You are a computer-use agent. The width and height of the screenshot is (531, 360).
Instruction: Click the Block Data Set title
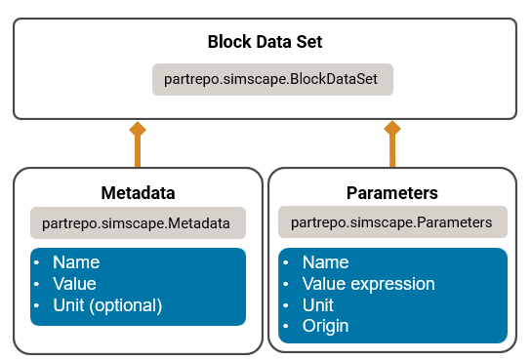pos(265,43)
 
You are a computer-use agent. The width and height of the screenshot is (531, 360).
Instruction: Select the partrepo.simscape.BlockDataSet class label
pos(272,79)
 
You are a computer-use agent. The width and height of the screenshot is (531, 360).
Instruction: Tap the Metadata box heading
pos(138,192)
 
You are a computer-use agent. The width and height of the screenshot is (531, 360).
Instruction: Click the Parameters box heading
pos(391,192)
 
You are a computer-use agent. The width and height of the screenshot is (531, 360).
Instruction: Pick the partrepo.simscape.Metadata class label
pos(138,222)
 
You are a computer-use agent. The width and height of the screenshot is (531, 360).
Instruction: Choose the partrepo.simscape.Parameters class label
pos(391,222)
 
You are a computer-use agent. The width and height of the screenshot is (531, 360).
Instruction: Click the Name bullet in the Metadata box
pos(75,262)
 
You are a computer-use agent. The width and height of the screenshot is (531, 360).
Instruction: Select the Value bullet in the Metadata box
pos(74,284)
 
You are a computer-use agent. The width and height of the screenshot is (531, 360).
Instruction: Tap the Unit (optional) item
pos(106,305)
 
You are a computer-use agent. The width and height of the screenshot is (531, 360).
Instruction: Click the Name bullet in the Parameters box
pos(325,262)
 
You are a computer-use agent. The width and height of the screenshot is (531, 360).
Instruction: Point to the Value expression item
pos(368,284)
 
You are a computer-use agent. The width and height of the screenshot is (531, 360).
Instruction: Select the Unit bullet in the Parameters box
pos(318,304)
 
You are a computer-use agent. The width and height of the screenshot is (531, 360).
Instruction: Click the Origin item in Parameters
pos(326,326)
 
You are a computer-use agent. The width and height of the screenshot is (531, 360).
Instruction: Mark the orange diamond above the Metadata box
pos(138,128)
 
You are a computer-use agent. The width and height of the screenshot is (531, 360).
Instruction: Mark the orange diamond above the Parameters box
pos(392,128)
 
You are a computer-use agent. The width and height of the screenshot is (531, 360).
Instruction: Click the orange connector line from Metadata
pos(138,151)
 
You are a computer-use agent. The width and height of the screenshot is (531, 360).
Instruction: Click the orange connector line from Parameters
pos(392,151)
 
